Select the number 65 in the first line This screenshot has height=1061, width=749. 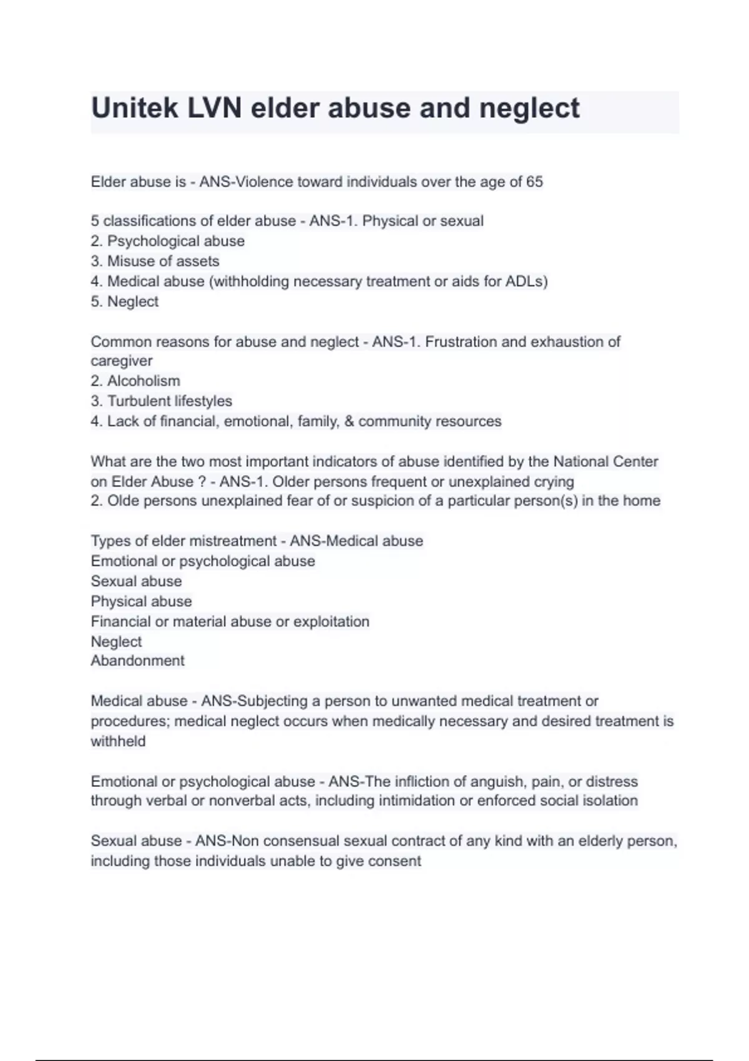point(534,182)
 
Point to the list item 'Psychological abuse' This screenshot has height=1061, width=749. point(175,241)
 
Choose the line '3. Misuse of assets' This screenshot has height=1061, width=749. point(155,261)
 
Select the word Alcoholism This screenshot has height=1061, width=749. point(144,381)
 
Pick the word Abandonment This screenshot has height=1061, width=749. point(137,660)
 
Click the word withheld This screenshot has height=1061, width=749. point(118,741)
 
